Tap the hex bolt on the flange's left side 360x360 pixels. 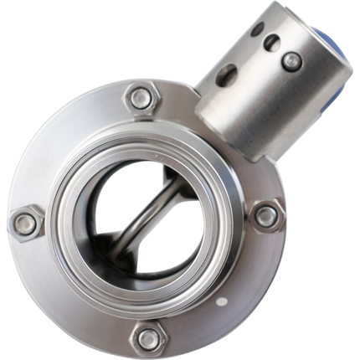tap(26, 224)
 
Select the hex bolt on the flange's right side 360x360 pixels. tap(267, 216)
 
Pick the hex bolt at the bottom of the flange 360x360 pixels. tap(148, 338)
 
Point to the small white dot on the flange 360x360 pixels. tap(223, 299)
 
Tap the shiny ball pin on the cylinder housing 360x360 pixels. tap(291, 60)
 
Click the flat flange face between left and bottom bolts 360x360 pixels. tap(67, 293)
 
